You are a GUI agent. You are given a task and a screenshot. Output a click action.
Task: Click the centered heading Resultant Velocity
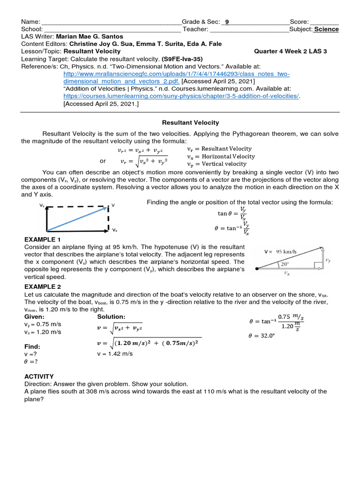tap(190, 122)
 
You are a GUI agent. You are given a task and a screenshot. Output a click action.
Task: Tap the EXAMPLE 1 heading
tap(43, 239)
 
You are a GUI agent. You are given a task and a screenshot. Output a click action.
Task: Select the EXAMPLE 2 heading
tap(43, 286)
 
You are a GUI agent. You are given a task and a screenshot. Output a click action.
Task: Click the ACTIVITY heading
tap(39, 376)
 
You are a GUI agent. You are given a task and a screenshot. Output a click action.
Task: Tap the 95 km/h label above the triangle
tap(285, 251)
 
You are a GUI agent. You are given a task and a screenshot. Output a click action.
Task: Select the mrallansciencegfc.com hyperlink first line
tap(177, 74)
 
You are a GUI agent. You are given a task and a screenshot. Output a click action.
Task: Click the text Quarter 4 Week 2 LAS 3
tap(291, 52)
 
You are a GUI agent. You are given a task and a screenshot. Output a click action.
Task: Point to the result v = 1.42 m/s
tap(114, 354)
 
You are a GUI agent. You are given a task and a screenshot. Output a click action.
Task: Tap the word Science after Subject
tap(326, 29)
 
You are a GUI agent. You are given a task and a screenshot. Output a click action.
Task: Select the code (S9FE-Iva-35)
tap(183, 59)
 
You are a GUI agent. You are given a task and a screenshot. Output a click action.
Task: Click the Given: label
tap(34, 317)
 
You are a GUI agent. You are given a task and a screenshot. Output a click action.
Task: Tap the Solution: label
tap(111, 317)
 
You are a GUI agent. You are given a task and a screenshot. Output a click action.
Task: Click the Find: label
tap(32, 346)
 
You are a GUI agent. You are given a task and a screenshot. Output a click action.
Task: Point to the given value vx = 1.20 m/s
tap(43, 332)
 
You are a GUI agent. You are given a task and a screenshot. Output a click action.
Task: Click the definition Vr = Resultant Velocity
tap(219, 149)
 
